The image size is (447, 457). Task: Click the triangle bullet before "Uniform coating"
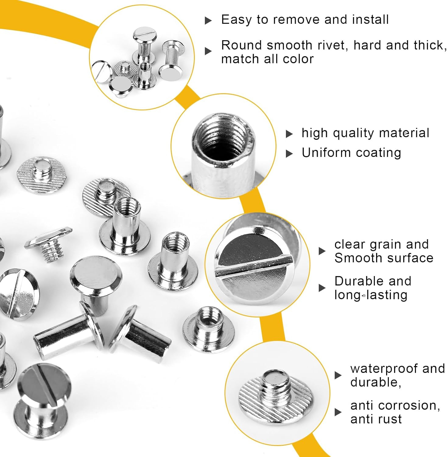[x=289, y=154]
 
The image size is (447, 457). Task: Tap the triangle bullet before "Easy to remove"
[x=208, y=21]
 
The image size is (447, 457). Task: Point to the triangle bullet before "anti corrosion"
[x=338, y=412]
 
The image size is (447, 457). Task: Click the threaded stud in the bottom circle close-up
[x=276, y=384]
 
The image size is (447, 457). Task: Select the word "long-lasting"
[x=371, y=295]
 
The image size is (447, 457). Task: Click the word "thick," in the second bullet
[x=430, y=45]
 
